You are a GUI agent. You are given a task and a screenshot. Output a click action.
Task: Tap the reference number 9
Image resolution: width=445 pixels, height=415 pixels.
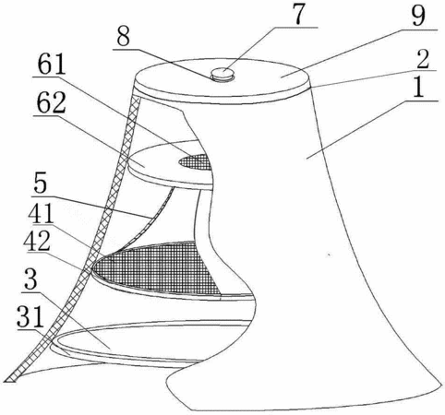[x=418, y=16]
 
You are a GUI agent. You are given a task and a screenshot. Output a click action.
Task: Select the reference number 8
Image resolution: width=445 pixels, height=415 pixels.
[x=123, y=36]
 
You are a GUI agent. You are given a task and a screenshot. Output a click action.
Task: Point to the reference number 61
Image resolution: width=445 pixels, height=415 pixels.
[x=52, y=65]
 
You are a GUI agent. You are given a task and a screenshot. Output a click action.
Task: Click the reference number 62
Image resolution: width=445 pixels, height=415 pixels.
[x=51, y=102]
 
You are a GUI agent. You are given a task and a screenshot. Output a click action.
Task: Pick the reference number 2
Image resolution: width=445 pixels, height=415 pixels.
[x=423, y=58]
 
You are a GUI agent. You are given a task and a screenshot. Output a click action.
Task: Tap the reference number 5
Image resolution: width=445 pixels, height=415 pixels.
[x=40, y=184]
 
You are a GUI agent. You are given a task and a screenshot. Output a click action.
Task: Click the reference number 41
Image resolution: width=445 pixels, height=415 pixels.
[x=40, y=213]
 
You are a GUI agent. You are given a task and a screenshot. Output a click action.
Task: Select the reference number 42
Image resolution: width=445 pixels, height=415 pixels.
[x=37, y=241]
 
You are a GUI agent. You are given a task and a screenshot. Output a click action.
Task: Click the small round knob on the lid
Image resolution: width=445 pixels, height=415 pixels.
[x=222, y=74]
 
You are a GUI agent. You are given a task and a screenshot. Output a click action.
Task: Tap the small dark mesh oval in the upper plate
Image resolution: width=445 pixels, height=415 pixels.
[x=196, y=161]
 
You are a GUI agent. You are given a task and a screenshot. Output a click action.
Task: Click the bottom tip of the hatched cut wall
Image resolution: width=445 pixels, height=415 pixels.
[x=10, y=380]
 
